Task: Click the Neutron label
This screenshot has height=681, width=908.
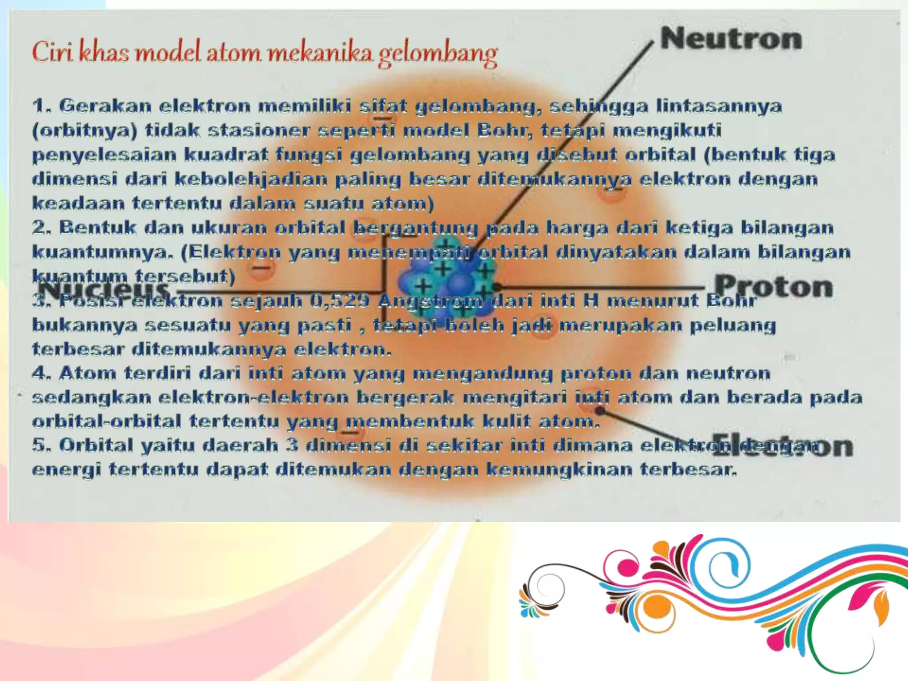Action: coord(731,39)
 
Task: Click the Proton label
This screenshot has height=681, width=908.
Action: coord(774,286)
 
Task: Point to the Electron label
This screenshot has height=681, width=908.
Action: coord(783,446)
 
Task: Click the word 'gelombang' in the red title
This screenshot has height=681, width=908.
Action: coord(438,54)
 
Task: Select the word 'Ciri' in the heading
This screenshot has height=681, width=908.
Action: coord(53,52)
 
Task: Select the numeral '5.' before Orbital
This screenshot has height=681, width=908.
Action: coord(43,445)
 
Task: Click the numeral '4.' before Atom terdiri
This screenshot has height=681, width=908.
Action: coord(43,373)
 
